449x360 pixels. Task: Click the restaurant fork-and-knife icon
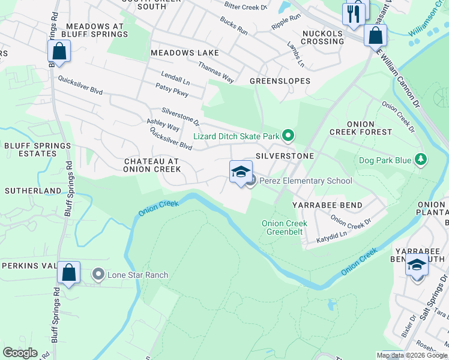[x=355, y=13]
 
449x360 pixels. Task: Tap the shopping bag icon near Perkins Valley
[x=69, y=272]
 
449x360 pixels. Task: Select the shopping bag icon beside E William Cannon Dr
[x=375, y=35]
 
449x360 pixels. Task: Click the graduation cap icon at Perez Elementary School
[x=241, y=172]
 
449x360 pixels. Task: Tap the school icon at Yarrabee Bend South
[x=417, y=264]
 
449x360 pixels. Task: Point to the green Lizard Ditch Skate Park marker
[x=288, y=136]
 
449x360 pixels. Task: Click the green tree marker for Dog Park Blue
[x=421, y=160]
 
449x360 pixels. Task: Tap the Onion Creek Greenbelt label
[x=285, y=227]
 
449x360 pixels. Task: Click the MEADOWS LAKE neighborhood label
[x=184, y=53]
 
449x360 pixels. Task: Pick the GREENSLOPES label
[x=280, y=80]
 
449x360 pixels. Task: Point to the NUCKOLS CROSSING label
[x=323, y=37]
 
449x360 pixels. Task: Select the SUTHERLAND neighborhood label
[x=33, y=190]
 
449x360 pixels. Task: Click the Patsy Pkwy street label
[x=172, y=94]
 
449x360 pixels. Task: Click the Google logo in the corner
[x=20, y=353]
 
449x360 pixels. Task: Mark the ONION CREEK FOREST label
[x=360, y=127]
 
